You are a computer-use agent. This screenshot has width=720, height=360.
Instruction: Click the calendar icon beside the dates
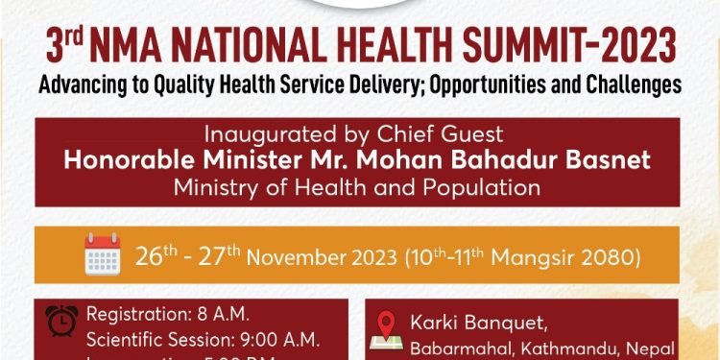click(x=101, y=255)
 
